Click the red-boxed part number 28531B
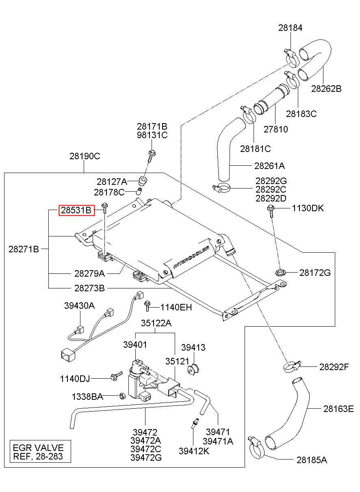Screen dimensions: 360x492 [76, 210]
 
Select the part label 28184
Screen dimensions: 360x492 [291, 28]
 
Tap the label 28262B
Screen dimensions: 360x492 [326, 89]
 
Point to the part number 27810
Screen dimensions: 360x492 [275, 129]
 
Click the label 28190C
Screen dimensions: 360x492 [85, 156]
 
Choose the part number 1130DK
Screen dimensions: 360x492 [308, 208]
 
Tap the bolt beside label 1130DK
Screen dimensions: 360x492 [270, 210]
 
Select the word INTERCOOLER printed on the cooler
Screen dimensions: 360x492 [191, 258]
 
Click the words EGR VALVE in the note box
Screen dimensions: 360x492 [38, 448]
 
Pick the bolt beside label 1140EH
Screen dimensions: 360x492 [147, 307]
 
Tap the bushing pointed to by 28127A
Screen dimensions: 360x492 [143, 180]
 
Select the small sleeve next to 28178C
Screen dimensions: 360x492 [139, 191]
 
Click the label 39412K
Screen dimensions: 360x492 [194, 451]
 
